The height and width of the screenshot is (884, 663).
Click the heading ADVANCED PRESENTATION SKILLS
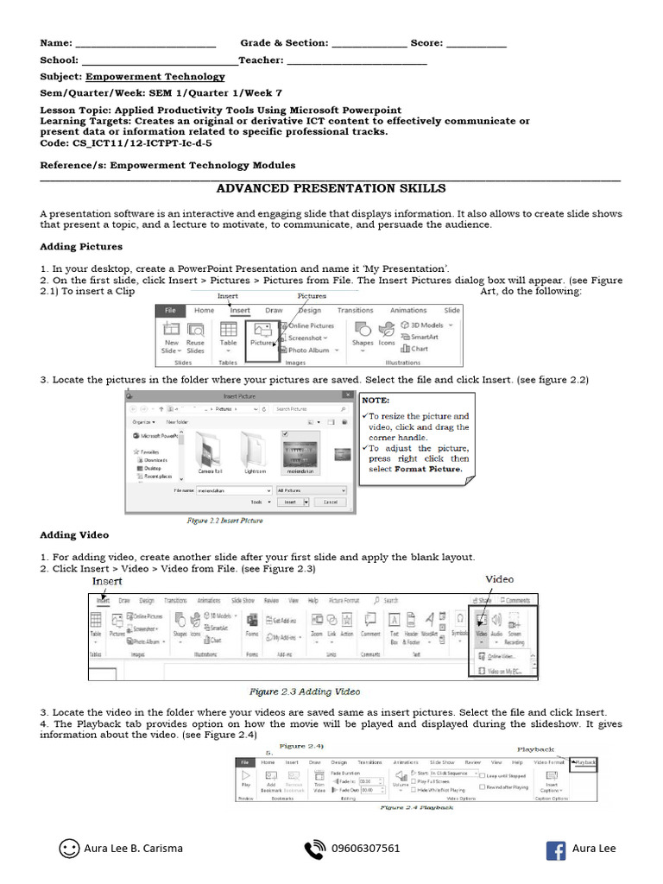coord(331,188)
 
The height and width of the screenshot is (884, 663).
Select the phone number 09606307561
coord(366,849)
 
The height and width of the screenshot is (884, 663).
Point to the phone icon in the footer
coord(315,849)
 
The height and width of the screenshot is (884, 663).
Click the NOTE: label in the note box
coord(376,401)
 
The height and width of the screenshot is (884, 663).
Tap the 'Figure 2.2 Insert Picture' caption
coord(225,521)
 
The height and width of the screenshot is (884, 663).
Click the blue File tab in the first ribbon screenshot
coord(171,311)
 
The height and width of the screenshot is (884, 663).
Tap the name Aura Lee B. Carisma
coord(134,849)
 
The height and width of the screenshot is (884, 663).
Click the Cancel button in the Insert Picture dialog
coord(330,502)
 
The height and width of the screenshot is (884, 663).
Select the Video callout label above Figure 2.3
coord(499,579)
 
